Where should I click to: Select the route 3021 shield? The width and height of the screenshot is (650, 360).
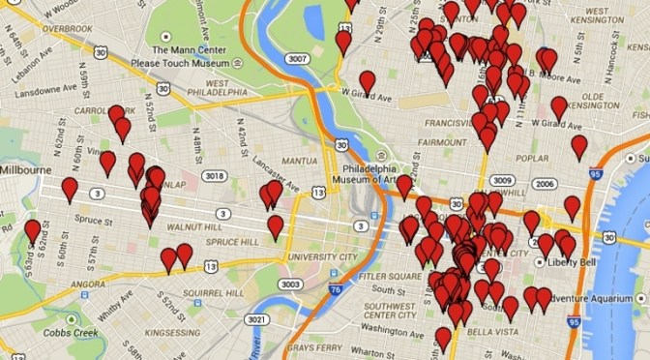(256, 320)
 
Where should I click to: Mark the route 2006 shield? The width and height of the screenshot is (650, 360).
(546, 184)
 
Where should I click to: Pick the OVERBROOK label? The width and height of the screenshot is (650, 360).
(67, 29)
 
